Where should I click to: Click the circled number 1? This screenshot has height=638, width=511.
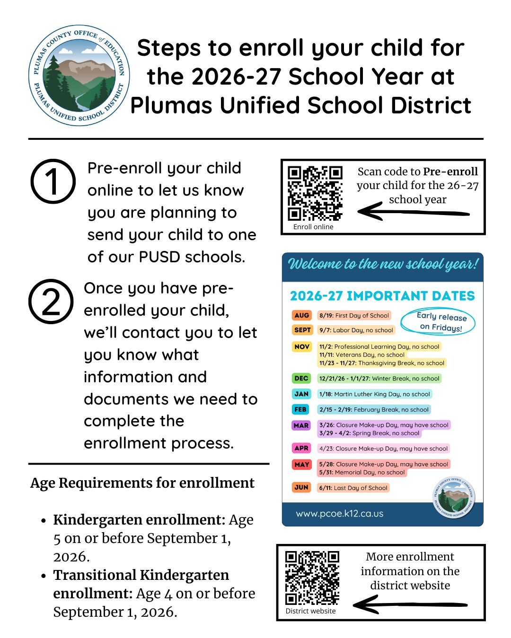[53, 181]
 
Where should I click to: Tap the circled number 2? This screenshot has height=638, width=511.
[51, 301]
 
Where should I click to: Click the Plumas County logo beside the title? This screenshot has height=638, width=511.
[79, 76]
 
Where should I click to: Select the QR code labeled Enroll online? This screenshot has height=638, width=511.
[315, 193]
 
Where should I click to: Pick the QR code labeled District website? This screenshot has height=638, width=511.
[312, 578]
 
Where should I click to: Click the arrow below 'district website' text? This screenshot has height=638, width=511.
[410, 604]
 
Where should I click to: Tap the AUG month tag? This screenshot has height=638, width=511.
[301, 315]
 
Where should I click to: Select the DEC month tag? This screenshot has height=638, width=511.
[301, 378]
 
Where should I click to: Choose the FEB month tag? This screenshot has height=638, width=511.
[300, 409]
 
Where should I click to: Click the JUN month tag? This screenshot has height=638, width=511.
[301, 487]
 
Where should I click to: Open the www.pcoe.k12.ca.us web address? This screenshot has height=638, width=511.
[340, 514]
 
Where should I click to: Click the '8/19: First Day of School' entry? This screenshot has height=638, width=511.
[354, 315]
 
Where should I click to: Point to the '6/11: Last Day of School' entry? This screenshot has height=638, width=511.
[353, 488]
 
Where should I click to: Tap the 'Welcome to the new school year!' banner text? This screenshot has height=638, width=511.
[383, 264]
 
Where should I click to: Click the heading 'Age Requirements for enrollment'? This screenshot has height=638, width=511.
[142, 483]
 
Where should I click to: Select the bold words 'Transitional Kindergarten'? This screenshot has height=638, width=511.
[141, 575]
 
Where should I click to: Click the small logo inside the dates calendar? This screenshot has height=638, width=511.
[454, 497]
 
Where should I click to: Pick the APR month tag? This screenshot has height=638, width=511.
[301, 448]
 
